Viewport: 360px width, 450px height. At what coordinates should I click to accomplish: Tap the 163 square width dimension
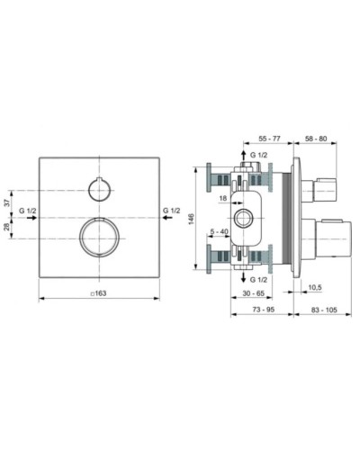pyautogui.click(x=99, y=293)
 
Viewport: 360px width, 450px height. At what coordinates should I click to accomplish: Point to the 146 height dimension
pyautogui.click(x=192, y=218)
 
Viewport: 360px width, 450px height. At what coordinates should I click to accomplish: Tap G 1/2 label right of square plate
pyautogui.click(x=171, y=211)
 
